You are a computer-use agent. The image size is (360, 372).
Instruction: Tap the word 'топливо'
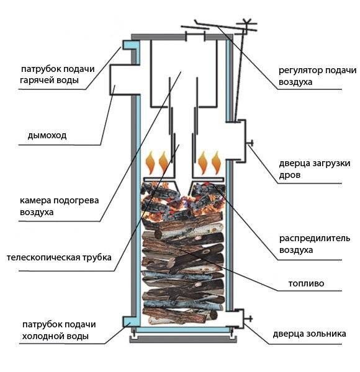(x=306, y=284)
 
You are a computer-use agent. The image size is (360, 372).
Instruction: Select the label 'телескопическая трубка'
(x=58, y=257)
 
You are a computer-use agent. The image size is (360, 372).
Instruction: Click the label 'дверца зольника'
(x=308, y=334)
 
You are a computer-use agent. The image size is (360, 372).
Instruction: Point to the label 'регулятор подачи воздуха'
(x=308, y=76)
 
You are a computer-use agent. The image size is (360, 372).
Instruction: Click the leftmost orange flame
(x=150, y=165)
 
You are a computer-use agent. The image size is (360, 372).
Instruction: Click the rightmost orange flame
(x=216, y=164)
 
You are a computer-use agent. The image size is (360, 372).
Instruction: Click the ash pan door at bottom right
(x=237, y=319)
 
